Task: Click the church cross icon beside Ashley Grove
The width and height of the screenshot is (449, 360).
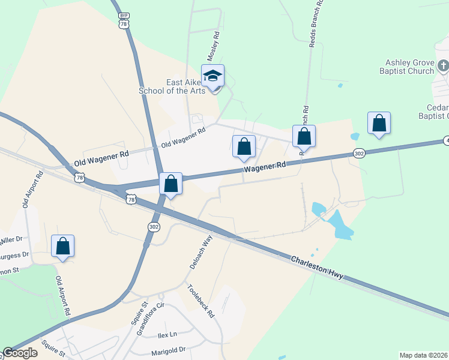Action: [x=442, y=65]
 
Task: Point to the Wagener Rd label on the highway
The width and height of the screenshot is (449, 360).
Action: [x=264, y=167]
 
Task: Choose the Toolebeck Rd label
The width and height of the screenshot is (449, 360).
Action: [x=201, y=301]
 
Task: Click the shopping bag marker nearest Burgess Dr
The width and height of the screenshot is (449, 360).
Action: [x=63, y=246]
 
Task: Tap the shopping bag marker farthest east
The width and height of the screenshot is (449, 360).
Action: [x=379, y=123]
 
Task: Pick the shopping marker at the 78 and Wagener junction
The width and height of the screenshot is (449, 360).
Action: [x=171, y=184]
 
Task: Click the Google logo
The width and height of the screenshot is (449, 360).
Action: [x=20, y=353]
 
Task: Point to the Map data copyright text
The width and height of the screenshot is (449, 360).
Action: [x=424, y=355]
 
